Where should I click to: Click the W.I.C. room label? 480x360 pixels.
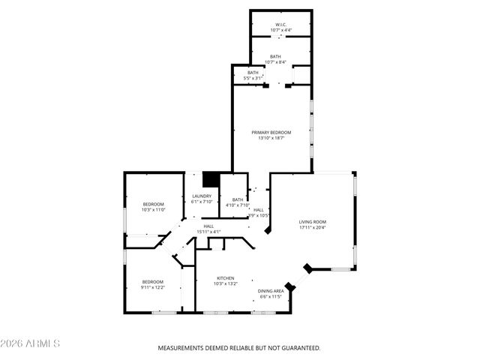click(281, 25)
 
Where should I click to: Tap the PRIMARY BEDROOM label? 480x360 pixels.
click(271, 132)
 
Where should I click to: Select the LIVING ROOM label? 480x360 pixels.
click(313, 221)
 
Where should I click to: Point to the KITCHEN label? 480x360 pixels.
click(226, 277)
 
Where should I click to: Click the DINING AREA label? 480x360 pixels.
click(271, 291)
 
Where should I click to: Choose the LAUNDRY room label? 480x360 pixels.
click(202, 196)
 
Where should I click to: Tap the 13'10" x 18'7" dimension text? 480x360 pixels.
click(271, 138)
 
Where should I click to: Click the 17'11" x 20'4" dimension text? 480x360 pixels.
click(313, 227)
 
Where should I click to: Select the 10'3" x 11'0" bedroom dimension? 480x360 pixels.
click(154, 209)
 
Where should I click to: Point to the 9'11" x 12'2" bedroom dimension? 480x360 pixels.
click(154, 287)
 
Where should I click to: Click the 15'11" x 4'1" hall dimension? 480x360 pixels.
click(208, 232)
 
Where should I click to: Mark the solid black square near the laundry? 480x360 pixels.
click(211, 179)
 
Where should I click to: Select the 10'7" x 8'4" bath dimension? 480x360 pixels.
click(276, 61)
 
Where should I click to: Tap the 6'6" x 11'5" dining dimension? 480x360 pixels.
click(271, 296)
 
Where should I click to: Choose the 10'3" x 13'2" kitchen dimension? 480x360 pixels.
click(226, 283)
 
